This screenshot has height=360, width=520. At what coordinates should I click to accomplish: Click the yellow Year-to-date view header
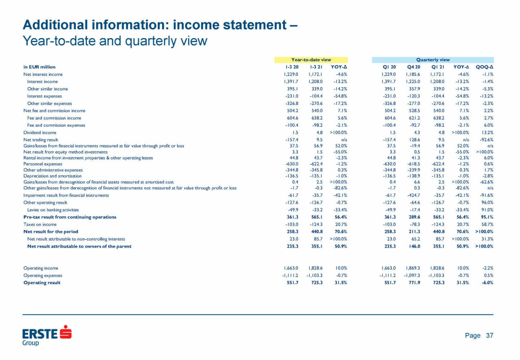(x=311, y=60)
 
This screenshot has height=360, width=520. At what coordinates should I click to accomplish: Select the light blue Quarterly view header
(x=433, y=60)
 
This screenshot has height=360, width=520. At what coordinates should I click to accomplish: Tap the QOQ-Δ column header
(x=484, y=67)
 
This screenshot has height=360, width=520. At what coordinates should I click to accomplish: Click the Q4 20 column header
(x=413, y=67)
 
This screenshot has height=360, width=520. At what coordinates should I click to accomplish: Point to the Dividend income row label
(x=40, y=133)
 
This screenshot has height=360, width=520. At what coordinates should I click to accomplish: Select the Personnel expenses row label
(x=43, y=164)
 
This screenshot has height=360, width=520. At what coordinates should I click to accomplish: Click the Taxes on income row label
(x=40, y=224)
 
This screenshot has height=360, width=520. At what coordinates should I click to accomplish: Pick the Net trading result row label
(x=40, y=140)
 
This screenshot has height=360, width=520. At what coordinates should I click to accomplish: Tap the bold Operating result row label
(x=42, y=283)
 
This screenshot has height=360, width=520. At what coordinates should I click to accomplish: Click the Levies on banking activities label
(x=53, y=210)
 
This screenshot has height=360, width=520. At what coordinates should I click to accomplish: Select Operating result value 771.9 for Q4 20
(x=414, y=283)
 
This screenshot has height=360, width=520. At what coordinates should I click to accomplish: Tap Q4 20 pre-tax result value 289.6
(x=414, y=217)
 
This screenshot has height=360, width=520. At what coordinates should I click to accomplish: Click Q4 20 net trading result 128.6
(x=414, y=140)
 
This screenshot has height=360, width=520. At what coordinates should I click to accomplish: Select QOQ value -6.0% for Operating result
(x=487, y=283)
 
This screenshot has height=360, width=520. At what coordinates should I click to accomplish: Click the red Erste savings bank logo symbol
(x=65, y=332)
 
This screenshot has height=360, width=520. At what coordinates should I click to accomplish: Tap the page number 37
(x=489, y=335)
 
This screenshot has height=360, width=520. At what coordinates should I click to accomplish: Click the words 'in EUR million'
(x=39, y=67)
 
